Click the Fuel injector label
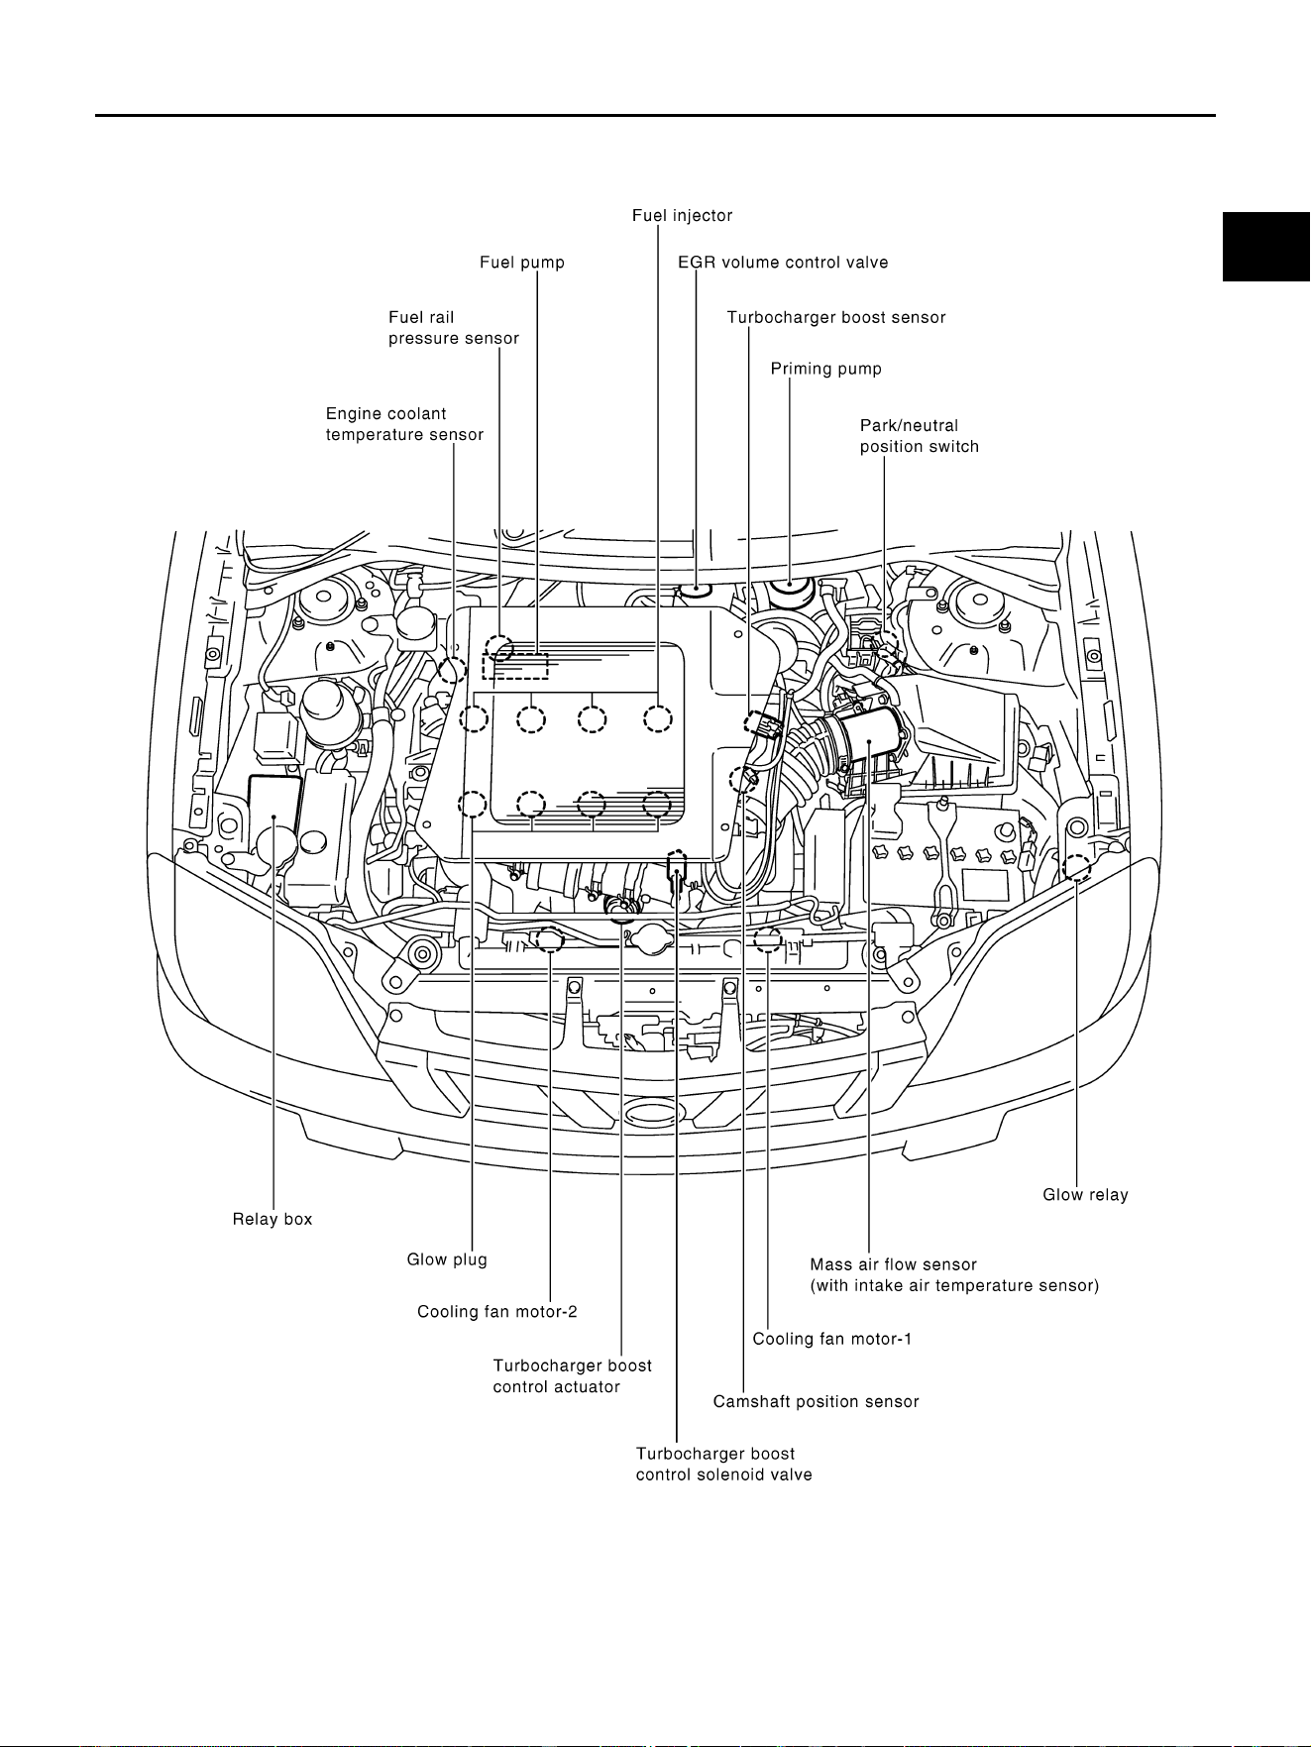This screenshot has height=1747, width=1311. click(682, 215)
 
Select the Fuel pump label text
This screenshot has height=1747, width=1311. click(522, 263)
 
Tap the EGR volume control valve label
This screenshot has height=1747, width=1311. click(783, 263)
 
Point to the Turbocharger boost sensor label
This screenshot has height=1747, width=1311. click(836, 318)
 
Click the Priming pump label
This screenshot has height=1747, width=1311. click(826, 369)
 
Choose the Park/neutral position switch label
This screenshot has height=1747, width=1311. click(920, 436)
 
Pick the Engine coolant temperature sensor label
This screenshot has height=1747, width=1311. click(404, 424)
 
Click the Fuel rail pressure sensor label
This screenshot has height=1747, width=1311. click(454, 328)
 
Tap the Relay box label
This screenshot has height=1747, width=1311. click(273, 1219)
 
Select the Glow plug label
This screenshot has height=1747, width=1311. click(447, 1259)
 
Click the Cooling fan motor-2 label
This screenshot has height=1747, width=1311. click(497, 1312)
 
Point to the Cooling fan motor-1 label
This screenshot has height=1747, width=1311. click(832, 1339)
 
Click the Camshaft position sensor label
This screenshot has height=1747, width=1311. click(817, 1402)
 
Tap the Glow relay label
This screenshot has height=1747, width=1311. click(1085, 1195)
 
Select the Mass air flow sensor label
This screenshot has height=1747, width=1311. click(954, 1275)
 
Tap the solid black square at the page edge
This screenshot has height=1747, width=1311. click(1266, 247)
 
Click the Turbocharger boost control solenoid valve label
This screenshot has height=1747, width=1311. click(723, 1465)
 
